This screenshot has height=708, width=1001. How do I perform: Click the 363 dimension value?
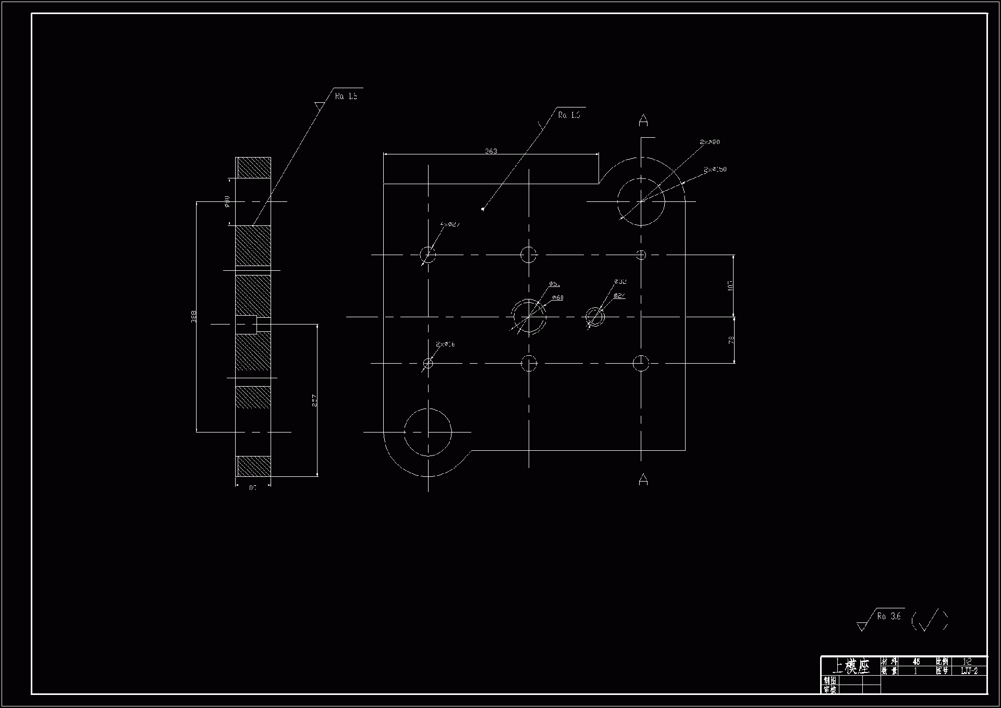click(491, 151)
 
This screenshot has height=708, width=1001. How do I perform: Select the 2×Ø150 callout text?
click(714, 170)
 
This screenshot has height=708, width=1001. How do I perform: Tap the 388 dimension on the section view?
click(193, 317)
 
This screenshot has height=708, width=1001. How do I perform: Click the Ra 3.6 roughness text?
click(889, 616)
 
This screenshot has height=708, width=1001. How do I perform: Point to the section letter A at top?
click(643, 121)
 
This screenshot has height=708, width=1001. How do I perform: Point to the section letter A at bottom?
click(643, 479)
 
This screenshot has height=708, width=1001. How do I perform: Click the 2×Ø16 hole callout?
click(445, 344)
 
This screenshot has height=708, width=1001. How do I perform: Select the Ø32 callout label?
click(620, 282)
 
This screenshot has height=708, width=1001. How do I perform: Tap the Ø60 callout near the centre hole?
click(557, 297)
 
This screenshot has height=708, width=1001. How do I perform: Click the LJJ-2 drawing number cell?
click(969, 671)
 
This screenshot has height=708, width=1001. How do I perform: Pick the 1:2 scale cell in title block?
click(968, 662)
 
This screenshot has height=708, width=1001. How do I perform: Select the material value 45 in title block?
click(916, 662)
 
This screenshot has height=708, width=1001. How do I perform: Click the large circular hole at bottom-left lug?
click(428, 433)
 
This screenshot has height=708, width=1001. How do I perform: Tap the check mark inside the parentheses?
click(929, 620)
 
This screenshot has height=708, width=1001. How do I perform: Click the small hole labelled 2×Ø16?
click(428, 363)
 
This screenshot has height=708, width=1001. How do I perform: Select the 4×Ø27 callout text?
click(450, 224)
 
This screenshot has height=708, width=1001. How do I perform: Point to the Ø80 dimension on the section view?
click(227, 201)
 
